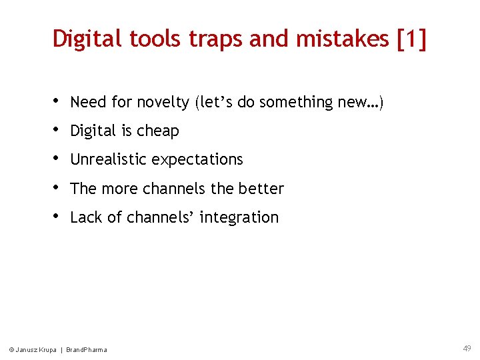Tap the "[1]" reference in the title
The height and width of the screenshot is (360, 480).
411,39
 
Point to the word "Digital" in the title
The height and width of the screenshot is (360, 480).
85,39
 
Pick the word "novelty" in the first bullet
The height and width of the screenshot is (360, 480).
163,103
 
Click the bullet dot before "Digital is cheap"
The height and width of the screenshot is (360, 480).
56,130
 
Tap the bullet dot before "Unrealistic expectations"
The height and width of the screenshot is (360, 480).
56,159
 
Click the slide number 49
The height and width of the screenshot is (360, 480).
467,348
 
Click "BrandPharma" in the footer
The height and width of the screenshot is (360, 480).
86,350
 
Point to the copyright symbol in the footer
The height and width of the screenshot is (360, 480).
11,350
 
